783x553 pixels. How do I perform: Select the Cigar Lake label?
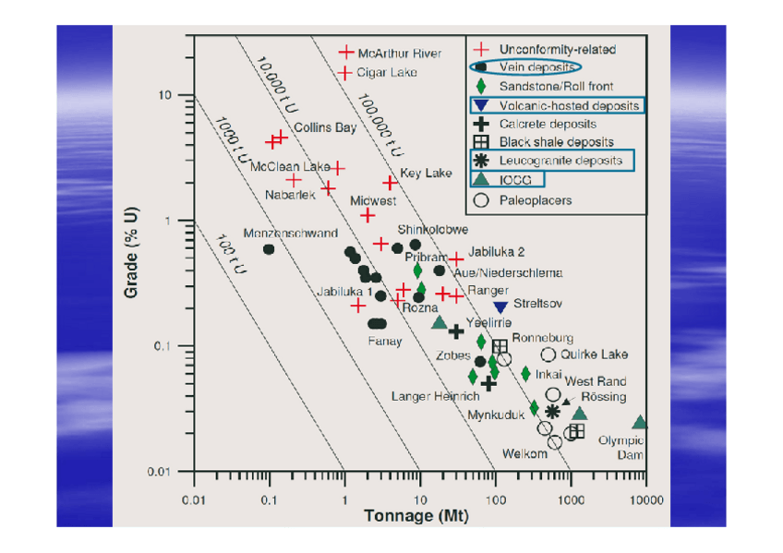pyautogui.click(x=386, y=72)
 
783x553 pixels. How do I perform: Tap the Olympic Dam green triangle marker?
pyautogui.click(x=640, y=423)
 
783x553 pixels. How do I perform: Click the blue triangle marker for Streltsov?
pyautogui.click(x=500, y=307)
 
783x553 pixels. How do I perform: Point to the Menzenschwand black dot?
pyautogui.click(x=269, y=249)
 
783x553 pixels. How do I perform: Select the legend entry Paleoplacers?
pyautogui.click(x=536, y=199)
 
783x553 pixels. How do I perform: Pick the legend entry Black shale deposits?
pyautogui.click(x=556, y=142)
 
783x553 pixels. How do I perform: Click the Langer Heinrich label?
pyautogui.click(x=435, y=396)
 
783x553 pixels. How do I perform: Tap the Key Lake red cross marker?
pyautogui.click(x=390, y=183)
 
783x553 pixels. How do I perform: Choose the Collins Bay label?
pyautogui.click(x=325, y=127)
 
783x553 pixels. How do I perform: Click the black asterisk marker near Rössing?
pyautogui.click(x=552, y=411)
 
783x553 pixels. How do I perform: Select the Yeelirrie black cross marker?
pyautogui.click(x=455, y=331)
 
